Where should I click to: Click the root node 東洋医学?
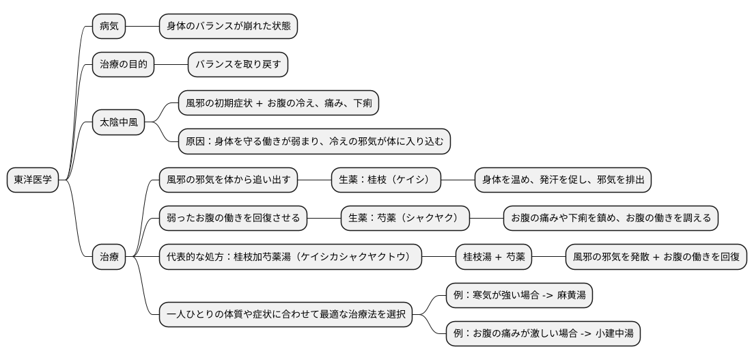tap(32, 180)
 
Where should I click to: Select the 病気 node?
tap(109, 27)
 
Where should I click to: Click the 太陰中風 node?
tap(118, 123)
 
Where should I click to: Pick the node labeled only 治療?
tap(109, 257)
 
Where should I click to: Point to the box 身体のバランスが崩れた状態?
tap(228, 27)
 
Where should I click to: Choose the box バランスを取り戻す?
tap(238, 65)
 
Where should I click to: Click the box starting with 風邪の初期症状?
tap(278, 104)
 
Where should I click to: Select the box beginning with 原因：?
tap(314, 142)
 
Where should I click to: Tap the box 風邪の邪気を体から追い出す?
tap(229, 180)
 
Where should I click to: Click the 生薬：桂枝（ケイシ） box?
tap(385, 180)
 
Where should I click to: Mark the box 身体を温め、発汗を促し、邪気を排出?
tap(563, 180)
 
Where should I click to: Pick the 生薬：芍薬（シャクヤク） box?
tap(405, 219)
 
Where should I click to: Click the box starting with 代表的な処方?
tap(290, 257)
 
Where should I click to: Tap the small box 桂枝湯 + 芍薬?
tap(494, 257)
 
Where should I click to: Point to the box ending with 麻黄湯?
tap(519, 295)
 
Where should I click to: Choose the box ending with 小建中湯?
tap(542, 333)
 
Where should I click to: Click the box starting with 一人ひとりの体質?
tap(285, 315)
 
